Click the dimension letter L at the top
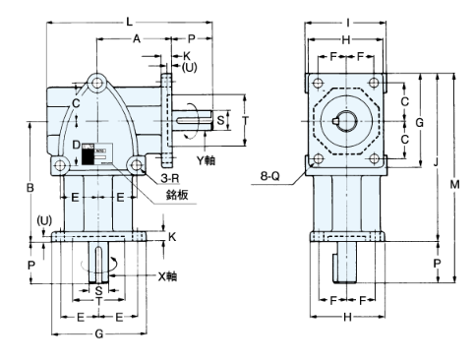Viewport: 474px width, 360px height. (x=130, y=22)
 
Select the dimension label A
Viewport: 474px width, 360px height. (x=137, y=38)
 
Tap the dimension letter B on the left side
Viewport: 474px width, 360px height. (x=30, y=188)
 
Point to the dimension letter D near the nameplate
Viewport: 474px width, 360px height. (x=76, y=145)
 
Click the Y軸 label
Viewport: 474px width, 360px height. (x=206, y=160)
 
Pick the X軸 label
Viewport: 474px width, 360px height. (x=167, y=276)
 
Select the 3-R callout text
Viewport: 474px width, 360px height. (x=170, y=178)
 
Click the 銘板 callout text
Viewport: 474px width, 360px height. (x=177, y=195)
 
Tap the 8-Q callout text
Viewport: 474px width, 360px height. (x=270, y=176)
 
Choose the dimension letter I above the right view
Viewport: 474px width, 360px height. (x=348, y=23)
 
